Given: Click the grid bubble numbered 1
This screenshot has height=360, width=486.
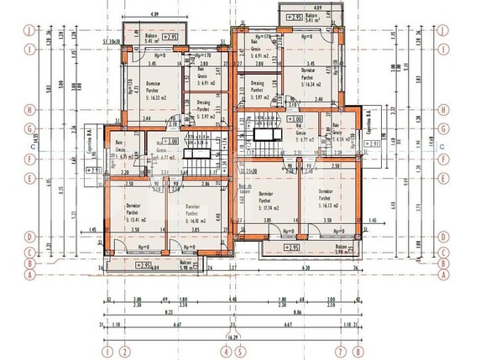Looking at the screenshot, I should coord(107,352).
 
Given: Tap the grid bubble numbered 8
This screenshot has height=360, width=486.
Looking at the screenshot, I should coord(358,352).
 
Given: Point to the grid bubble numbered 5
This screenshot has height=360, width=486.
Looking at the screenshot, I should coord(240,352).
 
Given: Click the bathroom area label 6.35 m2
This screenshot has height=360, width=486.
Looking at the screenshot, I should coord(128,156).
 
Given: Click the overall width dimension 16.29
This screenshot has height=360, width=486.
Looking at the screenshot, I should coord(232,338).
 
